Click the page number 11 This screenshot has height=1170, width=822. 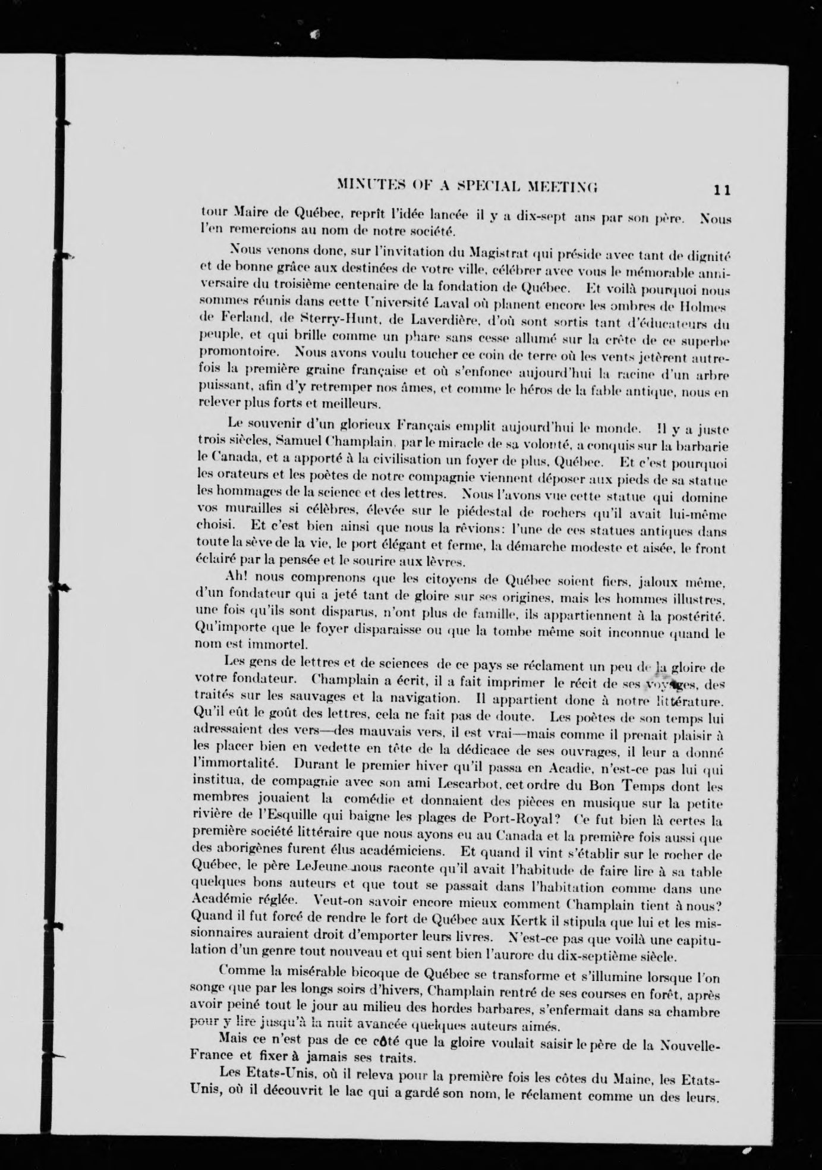click(x=722, y=190)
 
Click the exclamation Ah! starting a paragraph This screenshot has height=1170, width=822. click(x=237, y=577)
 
